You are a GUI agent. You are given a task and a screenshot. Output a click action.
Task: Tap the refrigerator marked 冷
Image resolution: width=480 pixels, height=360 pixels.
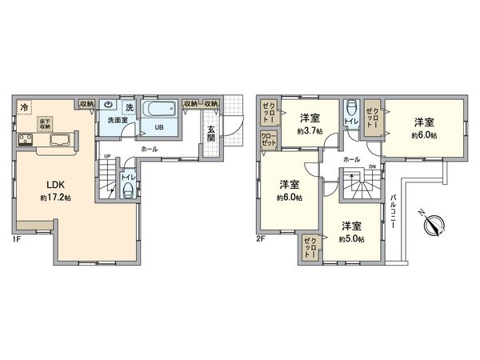click(25, 106)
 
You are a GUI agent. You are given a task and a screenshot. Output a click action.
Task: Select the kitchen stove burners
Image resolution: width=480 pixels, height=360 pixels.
click(25, 142)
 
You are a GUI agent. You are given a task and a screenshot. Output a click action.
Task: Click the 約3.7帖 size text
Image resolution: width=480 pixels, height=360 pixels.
click(310, 130)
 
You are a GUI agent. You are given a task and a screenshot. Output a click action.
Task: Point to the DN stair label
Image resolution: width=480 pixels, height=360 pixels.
click(372, 166)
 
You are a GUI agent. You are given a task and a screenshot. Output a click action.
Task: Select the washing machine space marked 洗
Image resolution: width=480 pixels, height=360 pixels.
click(130, 107)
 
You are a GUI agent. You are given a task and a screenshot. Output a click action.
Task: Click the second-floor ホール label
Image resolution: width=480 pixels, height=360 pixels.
click(350, 159)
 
